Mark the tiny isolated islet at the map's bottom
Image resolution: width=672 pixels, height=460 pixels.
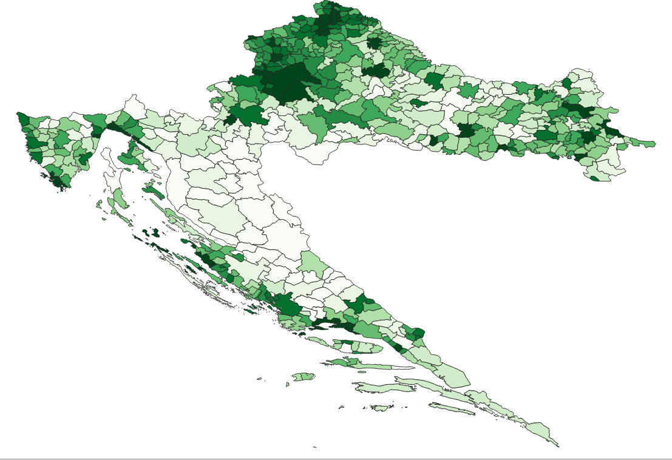314,448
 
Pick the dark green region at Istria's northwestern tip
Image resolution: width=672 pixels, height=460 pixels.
22,118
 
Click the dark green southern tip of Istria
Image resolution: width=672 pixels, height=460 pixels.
57,181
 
